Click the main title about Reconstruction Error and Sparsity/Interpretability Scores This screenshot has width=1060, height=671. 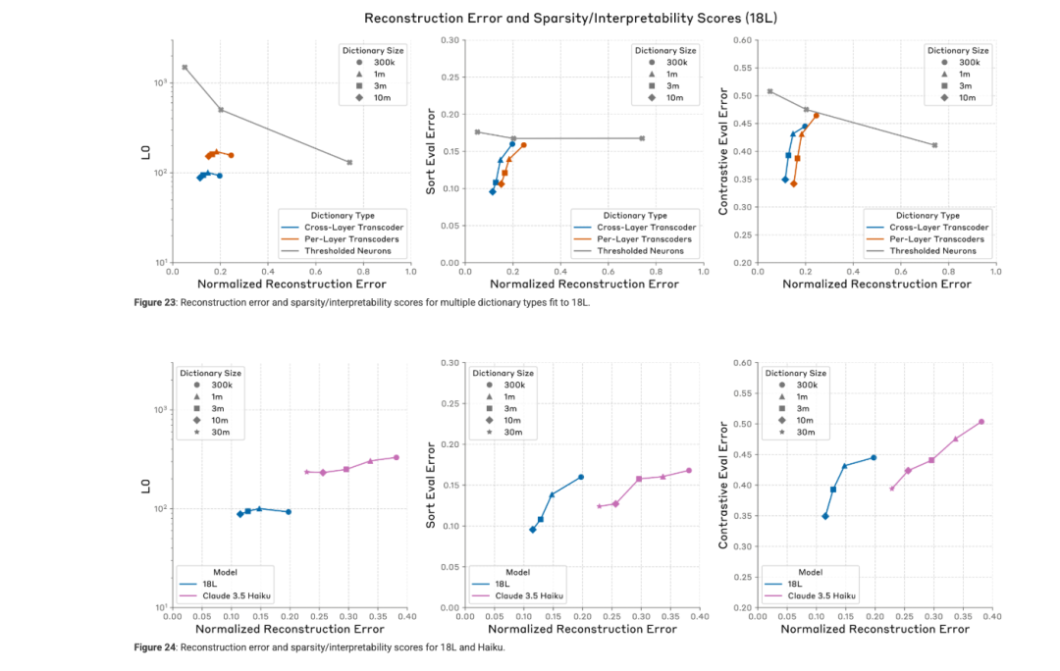[530, 18]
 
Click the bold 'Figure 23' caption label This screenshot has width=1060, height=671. [155, 302]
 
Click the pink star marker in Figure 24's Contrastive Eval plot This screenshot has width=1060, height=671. [891, 488]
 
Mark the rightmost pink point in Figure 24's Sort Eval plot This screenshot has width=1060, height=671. [689, 470]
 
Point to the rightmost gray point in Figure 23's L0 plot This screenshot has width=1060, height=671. [349, 162]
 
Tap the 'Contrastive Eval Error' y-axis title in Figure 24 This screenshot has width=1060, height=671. [723, 485]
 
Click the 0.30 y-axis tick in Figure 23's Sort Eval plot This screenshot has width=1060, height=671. [450, 40]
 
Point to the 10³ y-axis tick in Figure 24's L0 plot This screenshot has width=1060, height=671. [160, 409]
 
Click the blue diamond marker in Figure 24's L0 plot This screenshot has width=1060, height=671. [239, 514]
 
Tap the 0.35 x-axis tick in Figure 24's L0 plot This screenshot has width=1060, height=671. [377, 616]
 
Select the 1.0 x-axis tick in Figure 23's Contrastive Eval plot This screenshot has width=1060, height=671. [994, 271]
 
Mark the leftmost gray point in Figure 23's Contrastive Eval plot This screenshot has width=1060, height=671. [769, 91]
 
